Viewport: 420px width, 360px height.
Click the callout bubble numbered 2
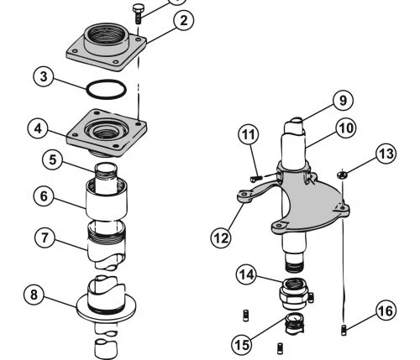pyautogui.click(x=183, y=20)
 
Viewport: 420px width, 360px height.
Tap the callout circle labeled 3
pyautogui.click(x=44, y=76)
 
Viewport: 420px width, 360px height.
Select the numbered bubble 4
pyautogui.click(x=38, y=128)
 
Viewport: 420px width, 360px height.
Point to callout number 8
pyautogui.click(x=34, y=295)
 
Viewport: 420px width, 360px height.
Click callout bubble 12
pyautogui.click(x=221, y=238)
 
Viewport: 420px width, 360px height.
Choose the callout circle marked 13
pyautogui.click(x=386, y=154)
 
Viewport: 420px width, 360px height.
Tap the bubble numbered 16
pyautogui.click(x=386, y=310)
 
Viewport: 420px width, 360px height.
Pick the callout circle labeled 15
pyautogui.click(x=242, y=344)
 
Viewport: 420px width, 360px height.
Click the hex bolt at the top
pyautogui.click(x=138, y=13)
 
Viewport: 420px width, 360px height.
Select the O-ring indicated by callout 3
pyautogui.click(x=106, y=89)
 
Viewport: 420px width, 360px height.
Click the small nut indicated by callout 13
pyautogui.click(x=342, y=175)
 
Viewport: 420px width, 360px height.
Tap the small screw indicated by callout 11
pyautogui.click(x=256, y=178)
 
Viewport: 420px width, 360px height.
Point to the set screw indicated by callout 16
pyautogui.click(x=344, y=330)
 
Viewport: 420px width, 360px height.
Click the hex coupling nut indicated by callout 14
pyautogui.click(x=295, y=293)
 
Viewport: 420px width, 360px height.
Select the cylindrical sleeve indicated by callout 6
pyautogui.click(x=107, y=200)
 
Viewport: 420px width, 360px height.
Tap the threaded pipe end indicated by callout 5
pyautogui.click(x=106, y=172)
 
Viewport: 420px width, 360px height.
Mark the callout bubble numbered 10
pyautogui.click(x=346, y=128)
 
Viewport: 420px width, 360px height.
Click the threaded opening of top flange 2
pyautogui.click(x=107, y=34)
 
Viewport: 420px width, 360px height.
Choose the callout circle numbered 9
pyautogui.click(x=343, y=100)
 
